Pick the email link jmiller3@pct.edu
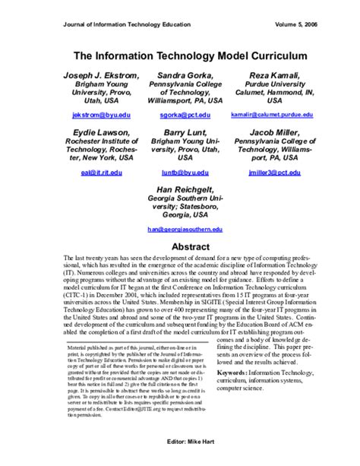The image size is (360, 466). [x=271, y=173]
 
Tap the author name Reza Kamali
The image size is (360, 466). [x=271, y=76]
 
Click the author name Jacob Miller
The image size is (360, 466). [x=271, y=133]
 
